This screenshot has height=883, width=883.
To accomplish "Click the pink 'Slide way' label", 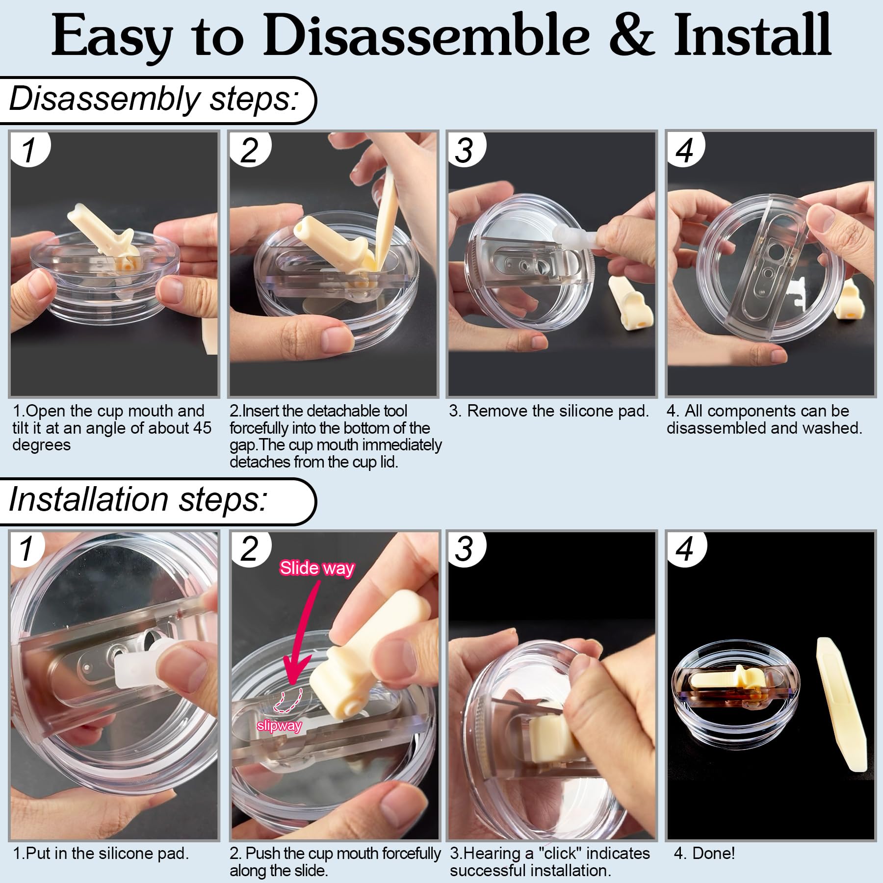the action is [317, 568].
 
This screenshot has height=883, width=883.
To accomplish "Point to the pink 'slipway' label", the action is [279, 726].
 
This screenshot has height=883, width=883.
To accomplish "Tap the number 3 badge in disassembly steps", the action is [465, 150].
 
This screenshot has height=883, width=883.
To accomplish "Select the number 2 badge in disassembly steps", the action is [249, 150].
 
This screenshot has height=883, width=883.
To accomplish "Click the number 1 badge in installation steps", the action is [28, 549].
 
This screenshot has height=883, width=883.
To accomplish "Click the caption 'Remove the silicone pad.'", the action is [558, 411].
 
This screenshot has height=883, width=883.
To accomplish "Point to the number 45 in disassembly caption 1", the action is [202, 428].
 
